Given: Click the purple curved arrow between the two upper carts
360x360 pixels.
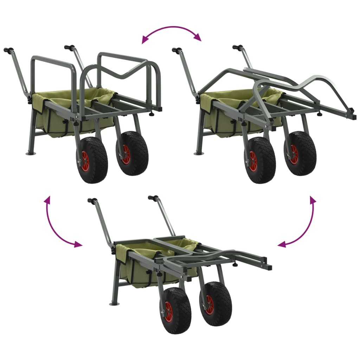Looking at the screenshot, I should pos(171,30).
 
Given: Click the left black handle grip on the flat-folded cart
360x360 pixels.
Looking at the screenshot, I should pos(92,201).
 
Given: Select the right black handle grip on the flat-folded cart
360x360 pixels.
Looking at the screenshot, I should pos(153,198).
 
